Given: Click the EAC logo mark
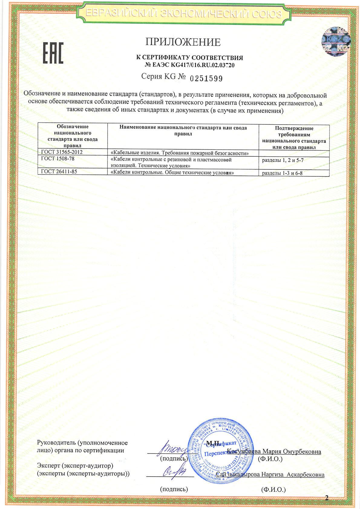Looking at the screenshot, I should [x=53, y=53].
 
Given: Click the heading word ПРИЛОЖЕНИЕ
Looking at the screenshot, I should [x=183, y=42].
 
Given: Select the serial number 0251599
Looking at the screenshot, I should [x=206, y=79].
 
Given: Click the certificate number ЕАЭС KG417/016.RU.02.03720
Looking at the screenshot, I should [x=190, y=65].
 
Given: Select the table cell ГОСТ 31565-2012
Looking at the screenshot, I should [x=62, y=152].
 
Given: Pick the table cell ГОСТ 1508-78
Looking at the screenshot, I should [x=58, y=158].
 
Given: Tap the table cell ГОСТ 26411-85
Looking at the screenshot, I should [x=59, y=171].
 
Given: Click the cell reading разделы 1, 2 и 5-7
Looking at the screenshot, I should [x=283, y=160].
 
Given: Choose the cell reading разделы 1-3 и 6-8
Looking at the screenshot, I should [x=282, y=173].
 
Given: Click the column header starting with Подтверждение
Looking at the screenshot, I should [x=294, y=138].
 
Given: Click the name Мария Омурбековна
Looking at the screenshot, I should [x=292, y=452].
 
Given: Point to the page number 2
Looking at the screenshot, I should [x=326, y=498].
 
